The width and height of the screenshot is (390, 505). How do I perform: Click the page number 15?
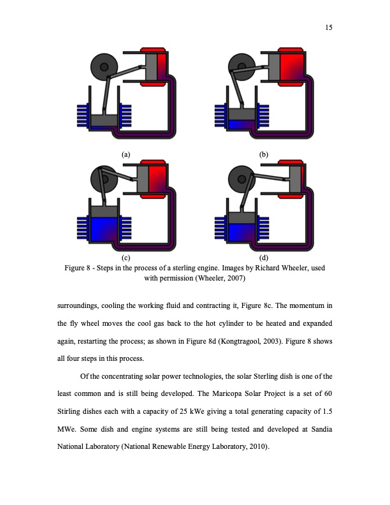[x=329, y=27]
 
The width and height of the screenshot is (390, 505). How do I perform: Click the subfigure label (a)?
[x=126, y=154]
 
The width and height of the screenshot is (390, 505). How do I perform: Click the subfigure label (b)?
[x=264, y=154]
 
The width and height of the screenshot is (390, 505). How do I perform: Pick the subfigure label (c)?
[x=126, y=258]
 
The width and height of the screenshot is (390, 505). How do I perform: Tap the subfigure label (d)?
[x=264, y=258]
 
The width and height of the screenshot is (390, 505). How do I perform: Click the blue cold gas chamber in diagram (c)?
[x=103, y=230]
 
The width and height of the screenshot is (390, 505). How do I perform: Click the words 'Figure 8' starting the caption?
[x=80, y=268]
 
